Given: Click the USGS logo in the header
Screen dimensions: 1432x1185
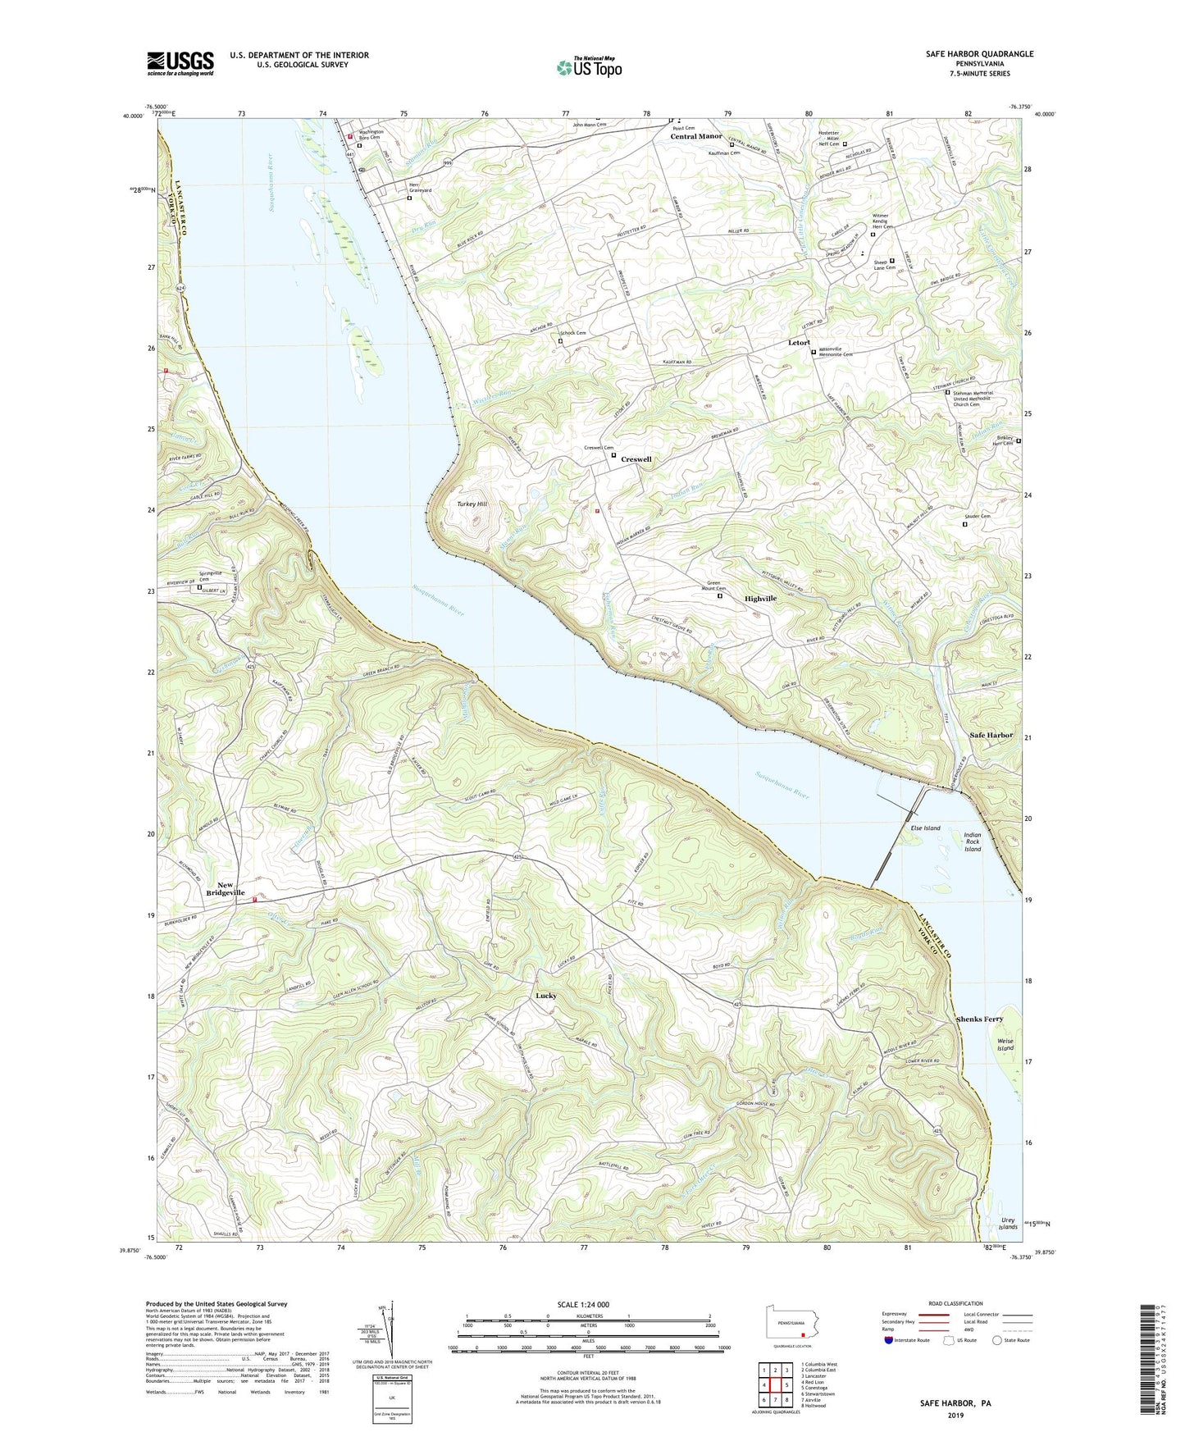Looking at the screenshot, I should tap(180, 63).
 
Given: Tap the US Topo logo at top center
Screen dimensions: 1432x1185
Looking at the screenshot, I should tap(589, 67).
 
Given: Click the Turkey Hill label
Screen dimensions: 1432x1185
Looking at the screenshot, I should tap(472, 504).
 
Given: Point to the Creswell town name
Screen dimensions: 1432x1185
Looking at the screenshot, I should tap(636, 459).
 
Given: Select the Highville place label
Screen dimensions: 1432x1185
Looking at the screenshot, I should tap(760, 599).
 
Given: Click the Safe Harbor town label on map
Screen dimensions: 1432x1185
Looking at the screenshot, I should tap(991, 735).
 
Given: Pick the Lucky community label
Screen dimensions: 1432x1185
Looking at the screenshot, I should tap(546, 996).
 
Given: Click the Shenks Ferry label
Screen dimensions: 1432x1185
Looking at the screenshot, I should tap(979, 1019).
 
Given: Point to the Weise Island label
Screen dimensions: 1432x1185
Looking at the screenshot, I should tap(1005, 1044).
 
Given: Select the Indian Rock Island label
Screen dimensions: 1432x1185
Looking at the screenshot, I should tap(972, 841).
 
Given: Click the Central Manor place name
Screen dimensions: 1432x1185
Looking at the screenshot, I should tap(696, 136).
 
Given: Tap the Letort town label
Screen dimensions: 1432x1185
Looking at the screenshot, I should tap(799, 342).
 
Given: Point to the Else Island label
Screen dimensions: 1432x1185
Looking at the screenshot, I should tap(926, 828).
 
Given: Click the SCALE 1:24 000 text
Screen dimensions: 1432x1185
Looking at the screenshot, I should tap(588, 1305).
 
